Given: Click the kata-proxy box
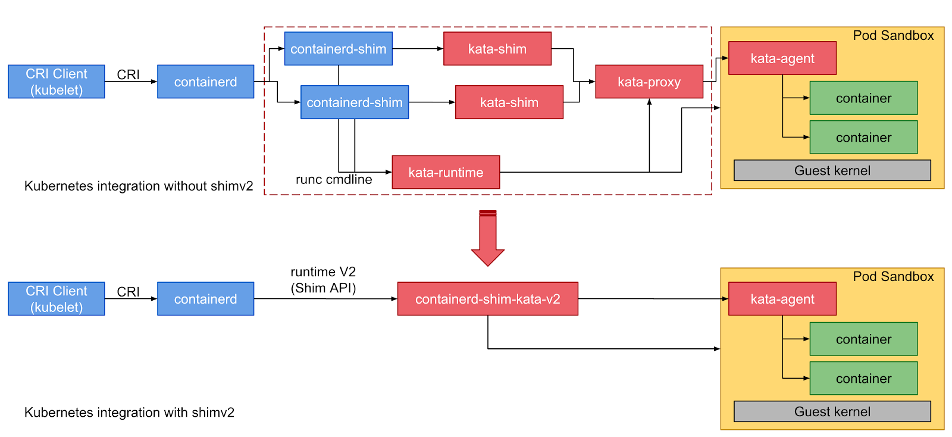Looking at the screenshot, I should coord(649,82).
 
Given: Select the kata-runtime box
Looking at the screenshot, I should coord(446,172).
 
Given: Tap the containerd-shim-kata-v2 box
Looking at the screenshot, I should coord(487,299).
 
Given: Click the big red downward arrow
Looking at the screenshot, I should coord(488,238).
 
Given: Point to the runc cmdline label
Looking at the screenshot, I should coord(334,179).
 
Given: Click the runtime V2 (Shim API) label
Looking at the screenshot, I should coord(323,280).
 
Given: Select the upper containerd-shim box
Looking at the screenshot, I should coord(338,49).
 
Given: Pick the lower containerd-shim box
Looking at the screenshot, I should coord(354,102).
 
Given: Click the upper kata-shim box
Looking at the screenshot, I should coord(497,49).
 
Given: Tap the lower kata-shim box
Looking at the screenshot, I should coord(509,102).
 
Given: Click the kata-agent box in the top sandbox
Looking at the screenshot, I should coord(782,58).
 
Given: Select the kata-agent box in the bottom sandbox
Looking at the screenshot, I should coord(782,299).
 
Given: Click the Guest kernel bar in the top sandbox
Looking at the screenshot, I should coord(832,170).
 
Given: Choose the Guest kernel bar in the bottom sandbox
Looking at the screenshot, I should coord(832,411).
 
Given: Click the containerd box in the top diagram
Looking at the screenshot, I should coord(205,82).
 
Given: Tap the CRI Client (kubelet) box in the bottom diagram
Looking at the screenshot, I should coord(57,299).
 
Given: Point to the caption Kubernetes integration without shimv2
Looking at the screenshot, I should coord(139,186).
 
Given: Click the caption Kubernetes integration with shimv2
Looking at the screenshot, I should coord(129,412).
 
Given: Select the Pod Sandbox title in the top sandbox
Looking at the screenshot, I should coord(893,36).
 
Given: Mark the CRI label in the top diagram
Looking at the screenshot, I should coord(128,74).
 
